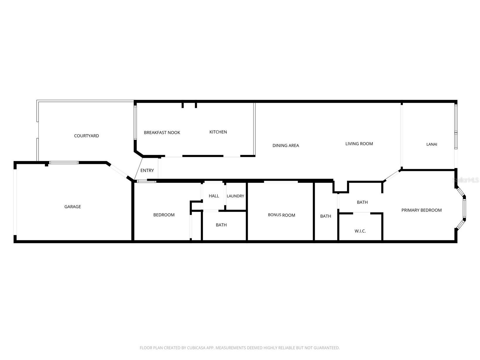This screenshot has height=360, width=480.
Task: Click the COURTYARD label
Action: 86,136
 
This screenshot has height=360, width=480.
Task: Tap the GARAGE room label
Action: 73,207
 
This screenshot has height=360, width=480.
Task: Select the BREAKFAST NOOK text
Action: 162,133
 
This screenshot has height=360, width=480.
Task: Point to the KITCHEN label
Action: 218,132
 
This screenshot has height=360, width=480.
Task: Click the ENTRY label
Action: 147,170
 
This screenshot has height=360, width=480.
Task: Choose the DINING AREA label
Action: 286,146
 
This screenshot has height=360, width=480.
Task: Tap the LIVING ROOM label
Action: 359,144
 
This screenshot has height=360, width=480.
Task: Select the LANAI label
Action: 432,144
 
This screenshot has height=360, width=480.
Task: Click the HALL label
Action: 214,196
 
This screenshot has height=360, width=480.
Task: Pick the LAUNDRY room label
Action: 235,196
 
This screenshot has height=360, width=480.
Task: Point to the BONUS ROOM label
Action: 281,215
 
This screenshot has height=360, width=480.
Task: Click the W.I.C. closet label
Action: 360,231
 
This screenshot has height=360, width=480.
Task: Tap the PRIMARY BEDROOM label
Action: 421,210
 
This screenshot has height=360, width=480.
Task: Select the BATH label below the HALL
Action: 221,225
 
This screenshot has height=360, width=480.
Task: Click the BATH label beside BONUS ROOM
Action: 325,216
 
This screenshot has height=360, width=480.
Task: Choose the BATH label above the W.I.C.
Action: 362,202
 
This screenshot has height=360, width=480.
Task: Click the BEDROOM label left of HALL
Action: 164,215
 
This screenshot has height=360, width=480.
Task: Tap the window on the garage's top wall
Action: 64,163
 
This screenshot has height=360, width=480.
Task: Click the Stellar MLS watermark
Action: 466,180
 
